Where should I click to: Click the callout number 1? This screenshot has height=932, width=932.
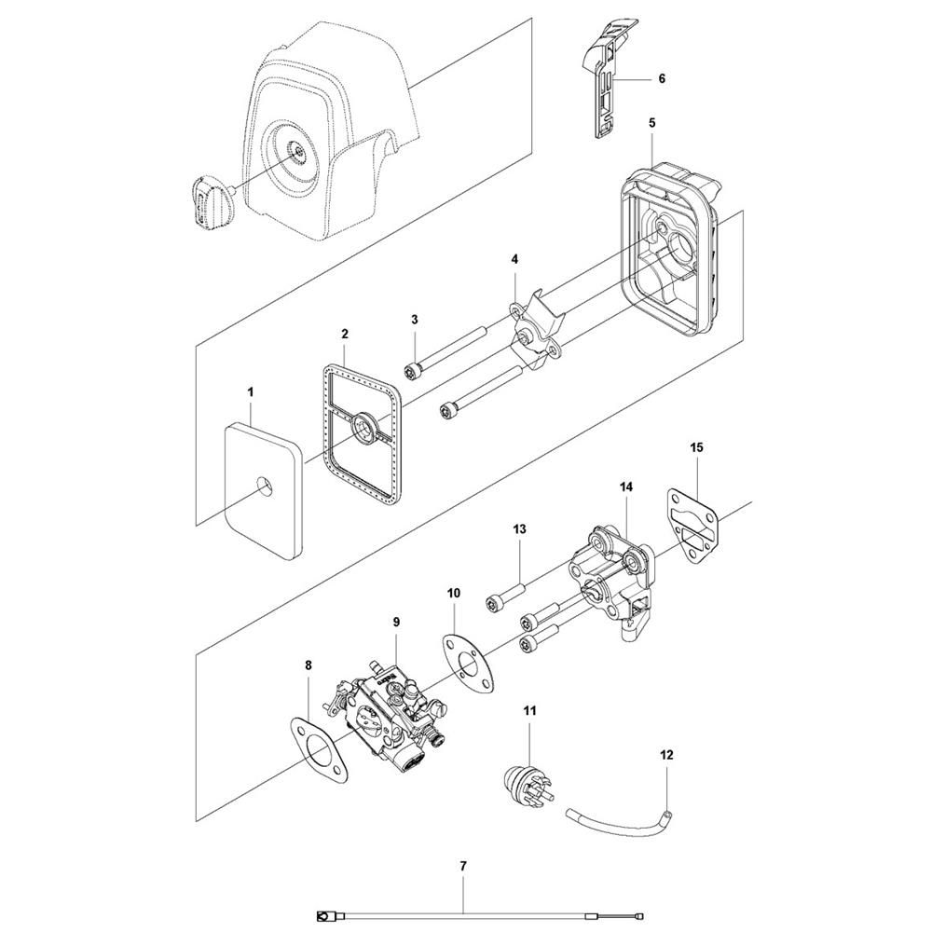[250, 391]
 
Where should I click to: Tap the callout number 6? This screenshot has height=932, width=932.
[662, 78]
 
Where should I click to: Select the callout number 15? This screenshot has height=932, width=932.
[696, 446]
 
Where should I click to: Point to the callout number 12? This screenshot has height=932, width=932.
[666, 755]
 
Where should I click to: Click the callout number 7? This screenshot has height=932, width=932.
[463, 866]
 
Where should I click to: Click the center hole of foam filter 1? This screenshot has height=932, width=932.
[264, 487]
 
